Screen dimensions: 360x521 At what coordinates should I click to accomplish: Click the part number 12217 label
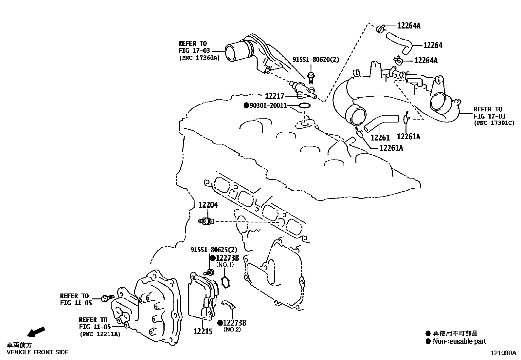coord(274,96)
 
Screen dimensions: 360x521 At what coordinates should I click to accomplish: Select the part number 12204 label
coord(208,205)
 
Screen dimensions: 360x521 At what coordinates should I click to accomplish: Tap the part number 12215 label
coord(203,331)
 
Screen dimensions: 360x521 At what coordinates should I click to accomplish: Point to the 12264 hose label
coord(433,45)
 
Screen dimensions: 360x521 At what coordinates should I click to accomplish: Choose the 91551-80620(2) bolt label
coord(316,60)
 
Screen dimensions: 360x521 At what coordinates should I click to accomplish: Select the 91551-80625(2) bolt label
coord(214,250)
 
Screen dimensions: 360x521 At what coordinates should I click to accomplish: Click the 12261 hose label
coord(380,138)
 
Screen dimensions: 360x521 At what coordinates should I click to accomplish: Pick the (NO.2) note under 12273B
coord(232,330)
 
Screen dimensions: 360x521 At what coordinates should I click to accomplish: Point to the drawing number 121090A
coord(503,353)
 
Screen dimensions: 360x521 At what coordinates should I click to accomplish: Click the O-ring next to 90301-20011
coord(304,105)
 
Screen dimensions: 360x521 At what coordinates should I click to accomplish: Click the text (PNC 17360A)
coord(199,58)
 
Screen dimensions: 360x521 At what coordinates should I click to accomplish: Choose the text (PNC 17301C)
coord(494,123)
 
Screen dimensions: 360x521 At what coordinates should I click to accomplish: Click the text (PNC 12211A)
coord(99,334)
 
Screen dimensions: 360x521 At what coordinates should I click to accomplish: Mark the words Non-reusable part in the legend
coord(459,341)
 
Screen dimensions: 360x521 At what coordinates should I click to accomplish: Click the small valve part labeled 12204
coord(206,221)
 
